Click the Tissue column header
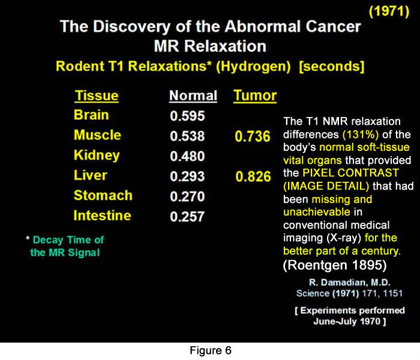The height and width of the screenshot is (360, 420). (96, 96)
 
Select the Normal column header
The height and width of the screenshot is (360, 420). (193, 96)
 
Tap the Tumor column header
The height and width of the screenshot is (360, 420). (255, 95)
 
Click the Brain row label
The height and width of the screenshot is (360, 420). (91, 115)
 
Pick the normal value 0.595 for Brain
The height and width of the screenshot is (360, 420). (187, 116)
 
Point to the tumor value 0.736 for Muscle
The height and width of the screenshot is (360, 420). (252, 137)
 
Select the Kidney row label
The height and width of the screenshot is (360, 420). (97, 155)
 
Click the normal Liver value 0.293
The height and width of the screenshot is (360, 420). (187, 176)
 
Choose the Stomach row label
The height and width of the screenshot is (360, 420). (103, 196)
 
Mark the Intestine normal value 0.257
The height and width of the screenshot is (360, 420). (187, 217)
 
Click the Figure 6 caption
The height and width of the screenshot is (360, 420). (209, 350)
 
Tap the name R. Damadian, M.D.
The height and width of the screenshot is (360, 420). (343, 282)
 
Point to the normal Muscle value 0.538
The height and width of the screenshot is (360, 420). (187, 137)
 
